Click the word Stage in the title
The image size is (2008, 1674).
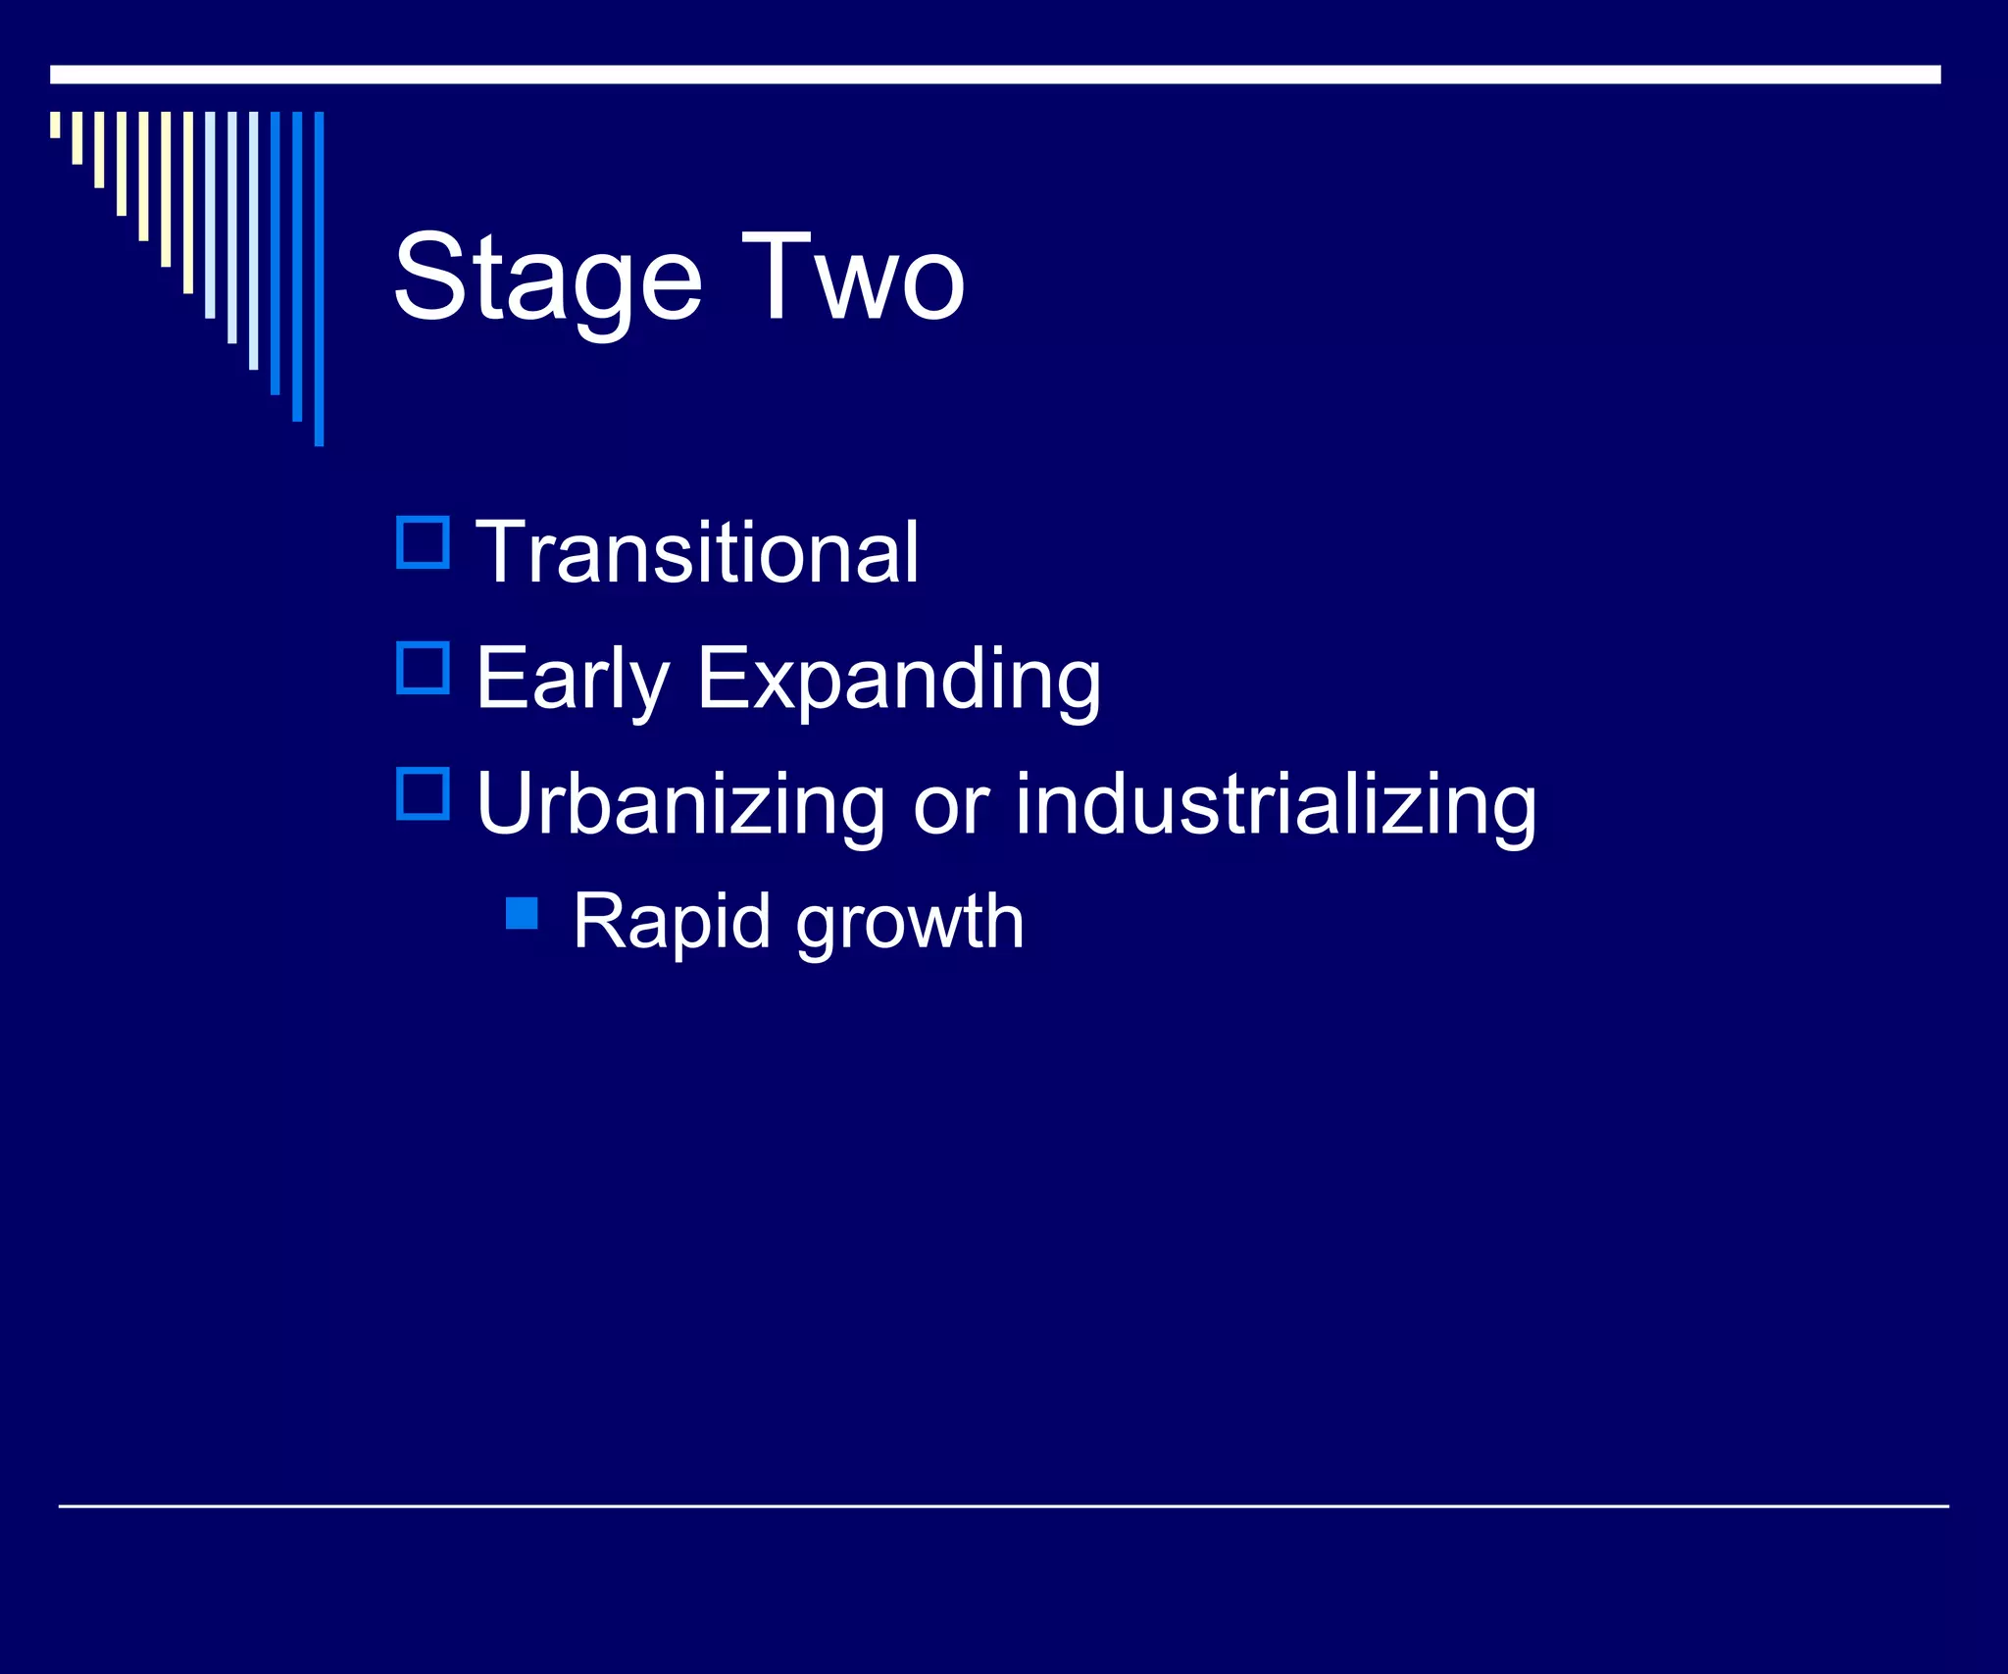(x=547, y=279)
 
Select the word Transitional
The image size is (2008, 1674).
(x=697, y=553)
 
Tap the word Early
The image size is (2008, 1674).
(x=572, y=679)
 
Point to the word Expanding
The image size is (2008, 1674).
(x=899, y=681)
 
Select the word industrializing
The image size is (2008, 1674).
(x=1276, y=806)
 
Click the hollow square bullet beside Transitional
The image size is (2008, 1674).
(x=423, y=542)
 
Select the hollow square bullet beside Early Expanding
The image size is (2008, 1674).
(x=423, y=668)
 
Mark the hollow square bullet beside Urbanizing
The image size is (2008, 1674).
(x=423, y=793)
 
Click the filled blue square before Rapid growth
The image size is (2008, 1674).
(x=522, y=913)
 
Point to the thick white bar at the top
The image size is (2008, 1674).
(x=995, y=75)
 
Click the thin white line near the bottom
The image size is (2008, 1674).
(x=1003, y=1505)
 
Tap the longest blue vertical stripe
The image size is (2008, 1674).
(x=319, y=279)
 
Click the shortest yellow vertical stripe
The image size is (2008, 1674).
(x=55, y=125)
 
